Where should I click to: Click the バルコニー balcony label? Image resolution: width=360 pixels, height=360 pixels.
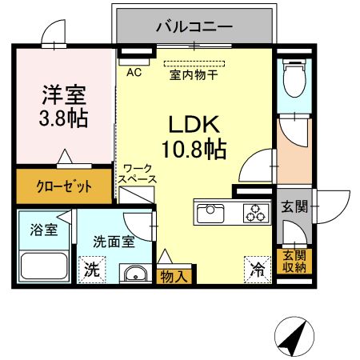pos(194,26)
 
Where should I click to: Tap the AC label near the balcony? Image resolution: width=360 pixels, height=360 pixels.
pos(134,71)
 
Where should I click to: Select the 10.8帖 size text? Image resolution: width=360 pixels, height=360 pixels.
pos(195,149)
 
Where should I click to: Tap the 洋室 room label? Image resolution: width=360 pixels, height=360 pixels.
pos(65,94)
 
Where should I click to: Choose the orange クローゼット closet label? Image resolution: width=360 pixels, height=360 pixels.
pos(64,186)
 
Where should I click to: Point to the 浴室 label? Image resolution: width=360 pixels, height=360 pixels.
pos(44,230)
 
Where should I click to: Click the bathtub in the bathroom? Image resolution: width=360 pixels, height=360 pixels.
pos(45,266)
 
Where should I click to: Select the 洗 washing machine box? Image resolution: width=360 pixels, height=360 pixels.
pos(93,270)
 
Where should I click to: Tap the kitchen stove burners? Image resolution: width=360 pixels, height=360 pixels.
pos(255,213)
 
